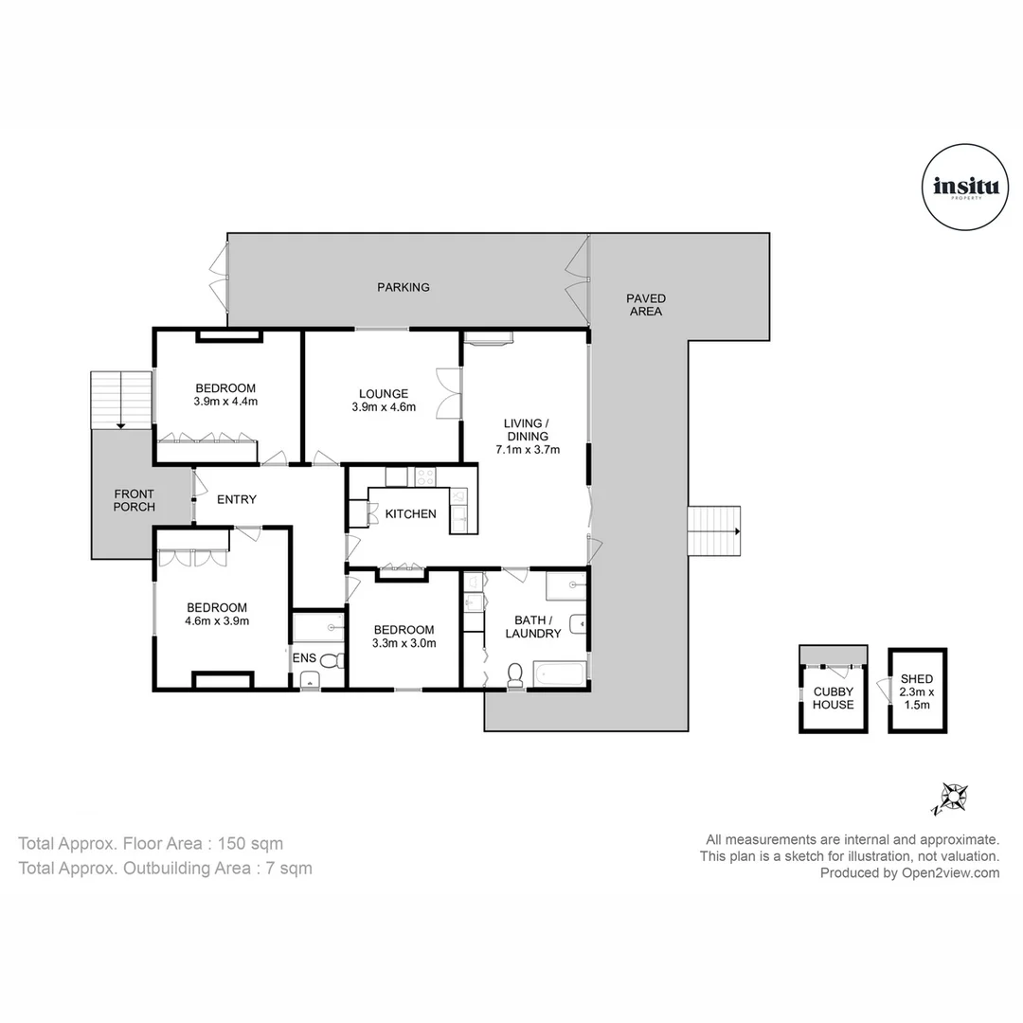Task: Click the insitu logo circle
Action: [x=959, y=187]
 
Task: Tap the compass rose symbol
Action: [x=949, y=798]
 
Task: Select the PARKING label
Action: [x=404, y=287]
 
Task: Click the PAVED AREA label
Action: [x=645, y=305]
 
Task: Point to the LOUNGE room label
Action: [x=384, y=394]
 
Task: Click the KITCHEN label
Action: [x=410, y=514]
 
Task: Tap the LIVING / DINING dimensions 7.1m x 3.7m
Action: [x=528, y=450]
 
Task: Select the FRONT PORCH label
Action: [x=134, y=500]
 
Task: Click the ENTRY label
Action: [x=236, y=499]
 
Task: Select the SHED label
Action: [x=917, y=679]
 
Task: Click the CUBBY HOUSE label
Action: [x=834, y=698]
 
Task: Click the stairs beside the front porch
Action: [x=120, y=400]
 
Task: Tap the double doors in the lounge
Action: [x=447, y=393]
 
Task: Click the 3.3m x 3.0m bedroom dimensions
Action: [x=404, y=644]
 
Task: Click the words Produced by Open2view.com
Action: [x=909, y=873]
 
